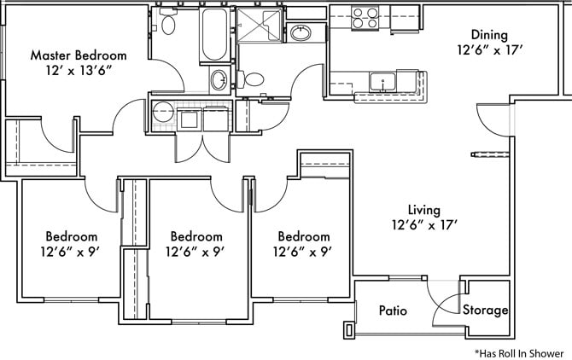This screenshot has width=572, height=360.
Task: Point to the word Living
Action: pos(423,209)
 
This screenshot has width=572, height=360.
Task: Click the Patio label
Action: pos(391,311)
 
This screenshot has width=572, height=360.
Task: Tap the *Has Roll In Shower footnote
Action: pos(518,351)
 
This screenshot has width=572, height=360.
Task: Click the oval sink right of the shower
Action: pos(301,34)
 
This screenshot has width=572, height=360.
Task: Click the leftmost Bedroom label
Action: pos(72,236)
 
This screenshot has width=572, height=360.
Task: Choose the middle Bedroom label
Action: pos(196,236)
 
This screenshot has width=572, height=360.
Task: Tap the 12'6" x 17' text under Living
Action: pos(425,226)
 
